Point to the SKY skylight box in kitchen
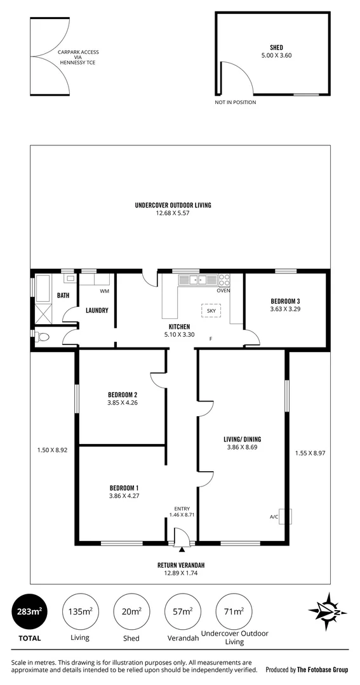pos(211,311)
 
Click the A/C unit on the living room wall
pos(288,517)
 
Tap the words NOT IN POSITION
pos(236,101)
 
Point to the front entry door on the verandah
pos(182,541)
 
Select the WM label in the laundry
pos(105,292)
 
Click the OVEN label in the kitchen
pos(223,291)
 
